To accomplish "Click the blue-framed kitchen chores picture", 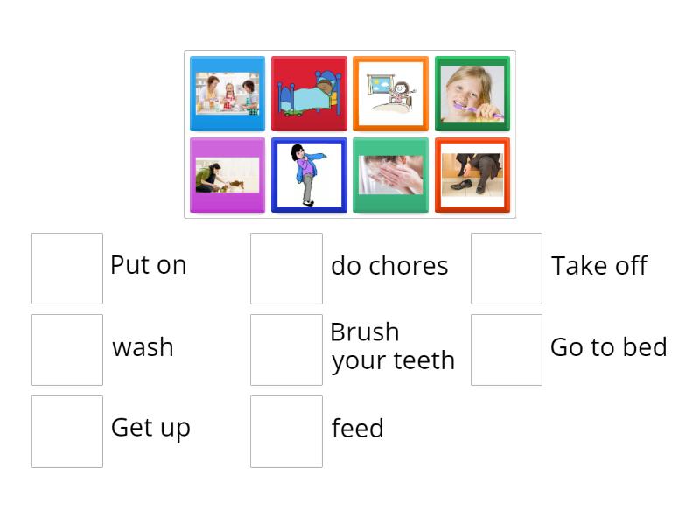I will point(227,94).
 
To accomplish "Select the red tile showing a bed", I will point(309,94).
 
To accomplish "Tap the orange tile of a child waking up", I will point(390,94).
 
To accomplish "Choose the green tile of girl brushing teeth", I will point(472,94).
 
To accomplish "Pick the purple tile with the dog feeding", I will point(227,175).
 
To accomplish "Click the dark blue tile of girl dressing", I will point(309,175).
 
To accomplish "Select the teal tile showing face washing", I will point(390,175).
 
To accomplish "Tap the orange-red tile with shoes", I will point(472,175).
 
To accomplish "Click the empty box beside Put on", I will point(66,269).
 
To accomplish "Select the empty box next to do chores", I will point(286,269).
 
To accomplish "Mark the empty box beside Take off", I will point(507,269).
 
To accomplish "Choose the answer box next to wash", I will point(66,350).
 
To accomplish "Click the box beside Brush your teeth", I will point(286,350).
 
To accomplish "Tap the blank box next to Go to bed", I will point(507,350).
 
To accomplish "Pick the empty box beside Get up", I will point(66,431).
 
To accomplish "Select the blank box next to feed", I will point(286,431).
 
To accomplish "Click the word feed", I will point(357,429).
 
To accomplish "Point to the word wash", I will point(143,347).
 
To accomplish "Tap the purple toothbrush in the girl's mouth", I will point(486,114).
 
